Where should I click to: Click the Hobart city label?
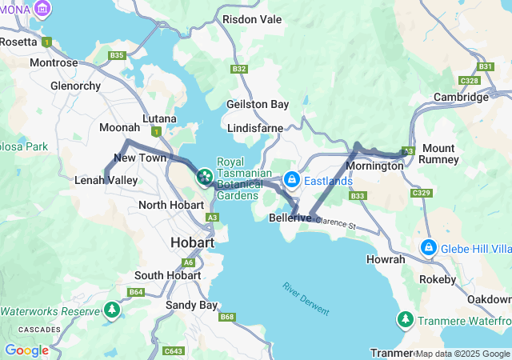192,242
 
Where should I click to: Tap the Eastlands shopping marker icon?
292,180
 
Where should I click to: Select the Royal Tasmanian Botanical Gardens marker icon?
204,175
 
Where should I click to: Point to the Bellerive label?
290,218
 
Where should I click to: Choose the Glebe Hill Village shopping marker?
430,247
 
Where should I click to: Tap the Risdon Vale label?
252,18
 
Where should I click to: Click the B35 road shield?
118,55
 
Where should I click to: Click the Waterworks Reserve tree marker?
111,310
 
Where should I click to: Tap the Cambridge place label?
461,97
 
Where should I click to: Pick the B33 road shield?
358,196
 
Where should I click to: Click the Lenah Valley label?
106,181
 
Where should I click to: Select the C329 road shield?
421,194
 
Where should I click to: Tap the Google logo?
26,350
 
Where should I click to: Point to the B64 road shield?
137,293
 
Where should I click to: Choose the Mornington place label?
375,166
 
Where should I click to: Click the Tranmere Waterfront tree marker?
406,320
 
